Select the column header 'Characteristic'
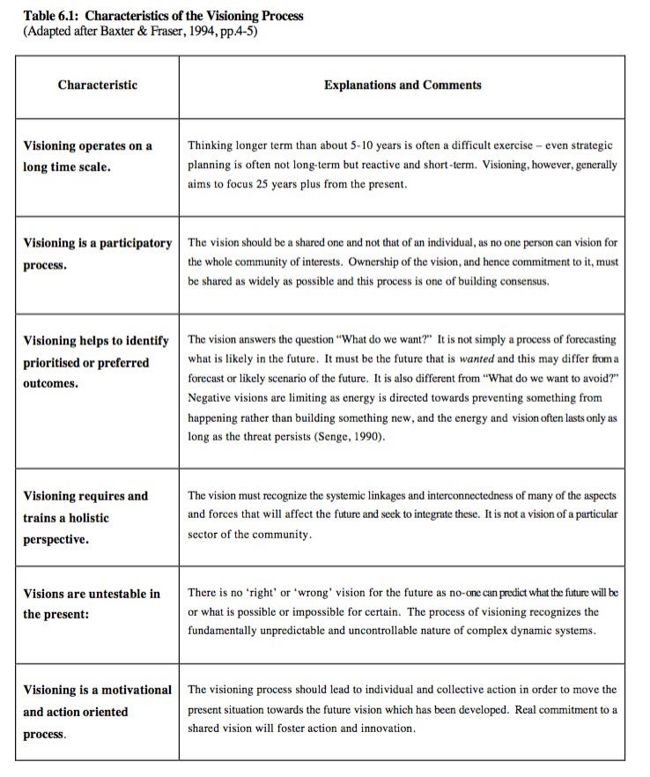(97, 85)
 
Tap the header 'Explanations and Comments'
(402, 85)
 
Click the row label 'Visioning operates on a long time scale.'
(87, 156)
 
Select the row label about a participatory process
(97, 254)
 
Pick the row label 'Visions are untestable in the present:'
(92, 603)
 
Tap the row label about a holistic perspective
(85, 517)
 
